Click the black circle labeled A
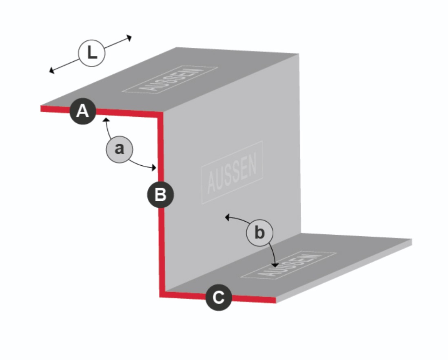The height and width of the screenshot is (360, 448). click(83, 111)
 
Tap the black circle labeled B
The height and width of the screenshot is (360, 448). click(160, 195)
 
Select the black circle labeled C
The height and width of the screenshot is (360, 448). click(219, 298)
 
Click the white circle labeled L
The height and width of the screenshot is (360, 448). click(92, 53)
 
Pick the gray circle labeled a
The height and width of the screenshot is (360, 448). click(120, 149)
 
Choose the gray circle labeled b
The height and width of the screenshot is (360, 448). click(259, 233)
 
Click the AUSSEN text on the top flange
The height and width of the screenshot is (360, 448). click(170, 80)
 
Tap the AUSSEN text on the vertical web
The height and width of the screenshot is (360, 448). click(232, 173)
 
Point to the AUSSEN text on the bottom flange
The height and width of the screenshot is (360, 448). click(289, 265)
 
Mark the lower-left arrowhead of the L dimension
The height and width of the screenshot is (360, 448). click(51, 70)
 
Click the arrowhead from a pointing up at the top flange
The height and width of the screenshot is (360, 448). click(106, 119)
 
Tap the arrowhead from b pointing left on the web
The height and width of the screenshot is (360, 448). click(227, 218)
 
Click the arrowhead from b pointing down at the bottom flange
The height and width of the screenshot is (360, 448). click(275, 265)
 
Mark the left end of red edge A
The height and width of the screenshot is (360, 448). click(42, 109)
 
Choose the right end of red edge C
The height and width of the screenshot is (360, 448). click(275, 300)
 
